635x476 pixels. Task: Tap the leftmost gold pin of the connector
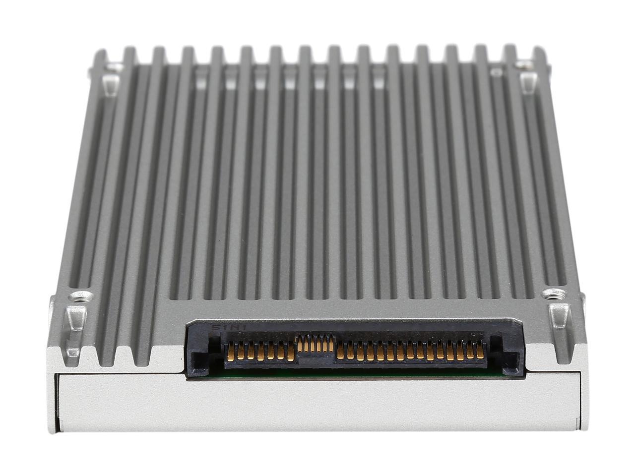pyautogui.click(x=231, y=352)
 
